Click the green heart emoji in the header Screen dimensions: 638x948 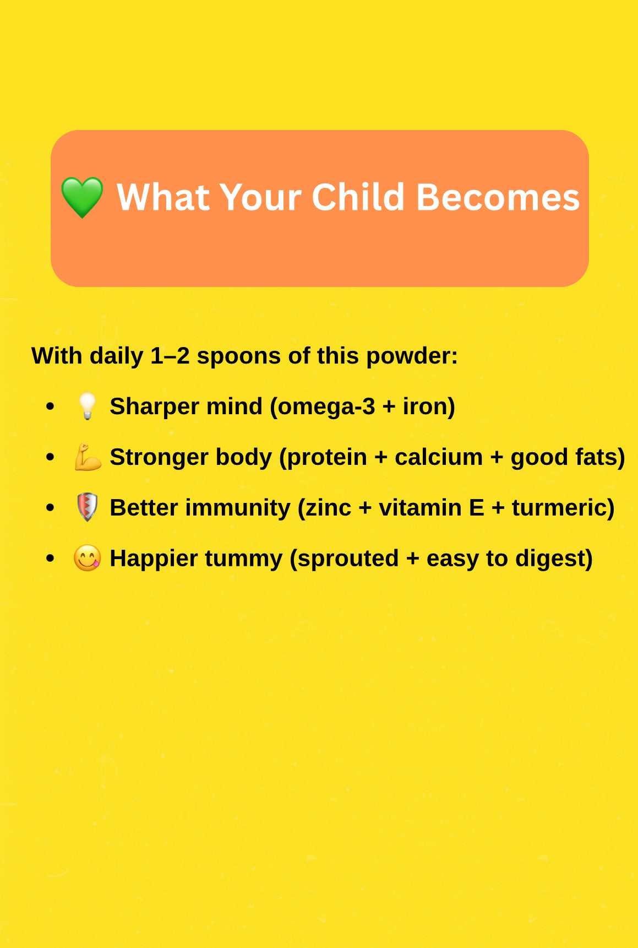pyautogui.click(x=82, y=197)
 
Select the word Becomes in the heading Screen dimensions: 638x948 pyautogui.click(x=498, y=197)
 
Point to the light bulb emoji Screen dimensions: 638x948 pyautogui.click(x=87, y=407)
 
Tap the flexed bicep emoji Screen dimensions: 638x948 pyautogui.click(x=88, y=457)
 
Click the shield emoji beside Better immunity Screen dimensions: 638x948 pyautogui.click(x=87, y=507)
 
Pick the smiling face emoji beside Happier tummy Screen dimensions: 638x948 pyautogui.click(x=88, y=558)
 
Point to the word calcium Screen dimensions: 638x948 pyautogui.click(x=439, y=457)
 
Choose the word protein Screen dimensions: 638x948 pyautogui.click(x=327, y=458)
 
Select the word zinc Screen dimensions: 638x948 pyautogui.click(x=329, y=508)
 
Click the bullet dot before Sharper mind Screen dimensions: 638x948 pyautogui.click(x=51, y=407)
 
